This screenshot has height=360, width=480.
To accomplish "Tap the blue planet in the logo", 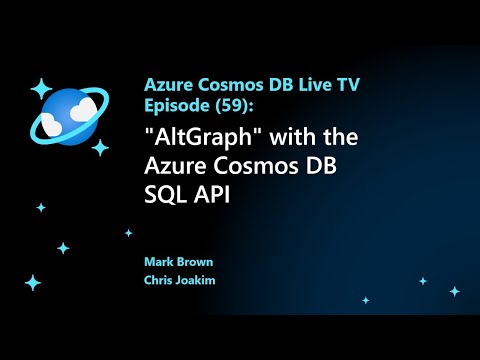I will (68, 115).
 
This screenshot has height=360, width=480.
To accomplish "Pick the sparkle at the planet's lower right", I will (100, 147).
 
